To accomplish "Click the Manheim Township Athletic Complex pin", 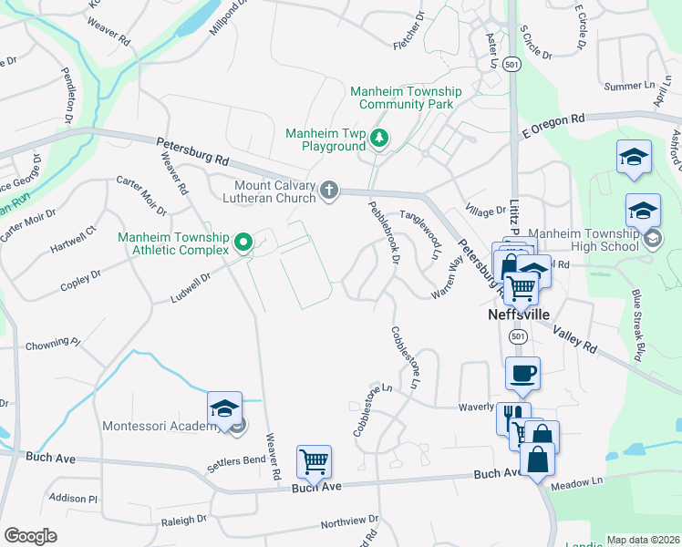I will tap(243, 242).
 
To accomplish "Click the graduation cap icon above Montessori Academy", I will tap(223, 409).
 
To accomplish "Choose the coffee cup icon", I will tap(522, 372).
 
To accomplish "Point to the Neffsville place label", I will tap(516, 314).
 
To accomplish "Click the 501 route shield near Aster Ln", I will tap(513, 65).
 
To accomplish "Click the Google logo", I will tap(31, 535).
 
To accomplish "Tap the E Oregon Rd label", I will tap(553, 125).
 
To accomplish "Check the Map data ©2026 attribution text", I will tap(642, 540).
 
